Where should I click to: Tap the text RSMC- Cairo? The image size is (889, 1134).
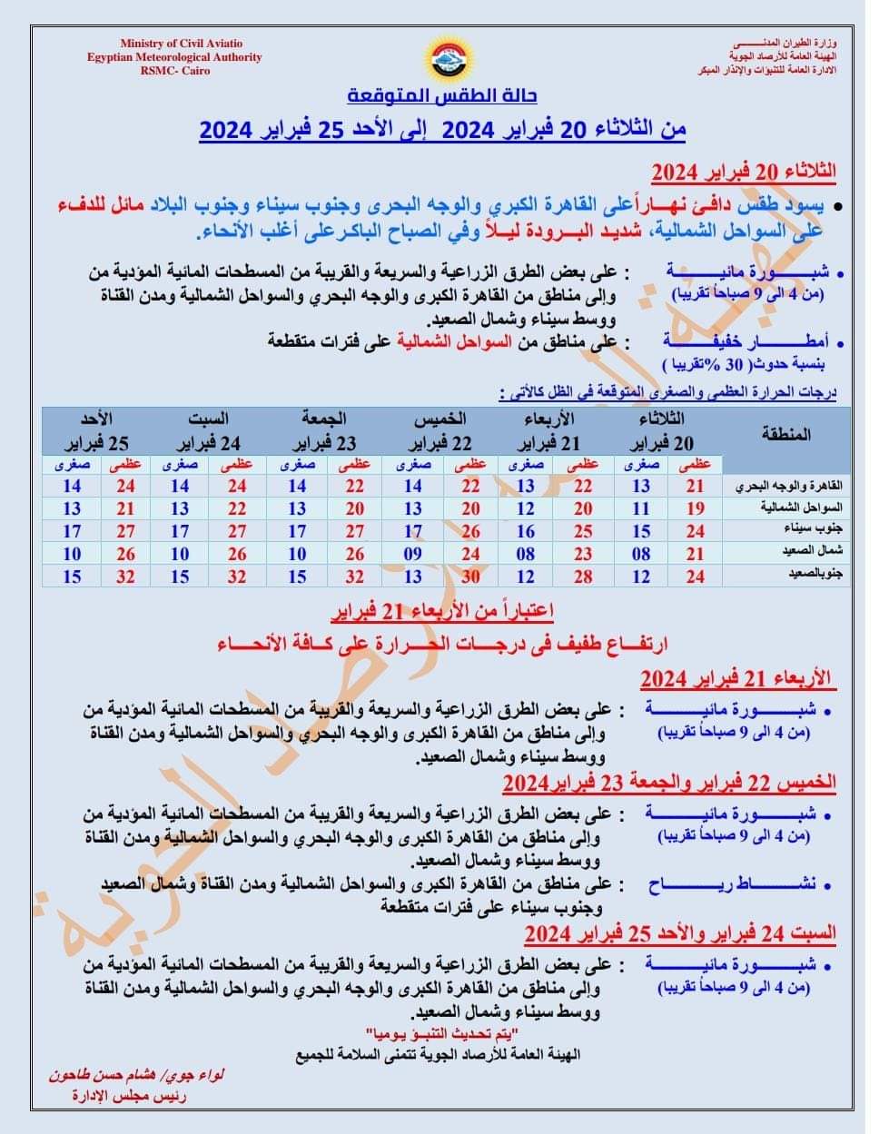click(174, 70)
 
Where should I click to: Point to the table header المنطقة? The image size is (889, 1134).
click(786, 433)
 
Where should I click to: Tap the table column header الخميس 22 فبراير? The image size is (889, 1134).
click(440, 431)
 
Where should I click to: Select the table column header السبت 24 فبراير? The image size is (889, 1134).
click(208, 431)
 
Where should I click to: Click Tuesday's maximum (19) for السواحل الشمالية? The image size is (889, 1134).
click(695, 508)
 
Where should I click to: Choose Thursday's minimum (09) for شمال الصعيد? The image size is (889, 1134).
click(413, 553)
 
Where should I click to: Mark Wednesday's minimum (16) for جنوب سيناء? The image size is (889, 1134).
click(526, 531)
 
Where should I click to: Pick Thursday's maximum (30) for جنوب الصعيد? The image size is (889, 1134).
click(469, 577)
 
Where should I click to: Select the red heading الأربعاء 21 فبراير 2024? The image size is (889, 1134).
click(736, 677)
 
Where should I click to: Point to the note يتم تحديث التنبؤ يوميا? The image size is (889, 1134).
click(442, 1036)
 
